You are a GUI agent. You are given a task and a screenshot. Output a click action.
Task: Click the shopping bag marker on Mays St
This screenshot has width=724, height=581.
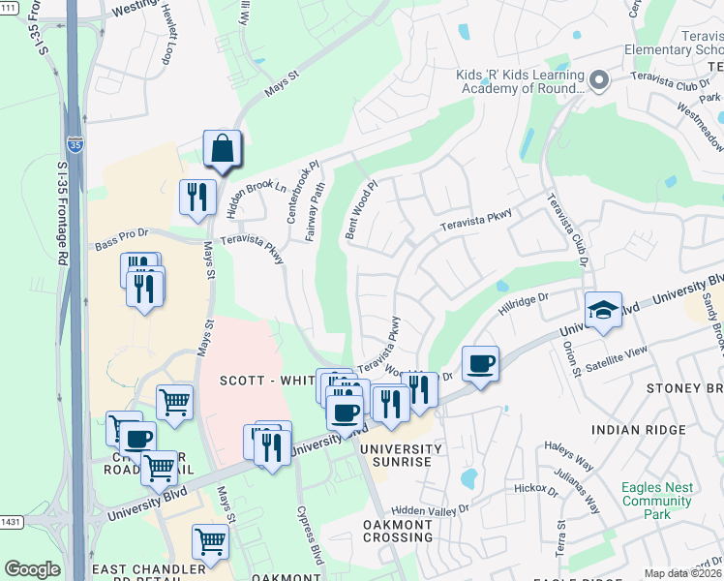(x=222, y=150)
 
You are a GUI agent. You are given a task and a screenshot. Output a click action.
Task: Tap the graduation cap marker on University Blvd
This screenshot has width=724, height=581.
(x=603, y=311)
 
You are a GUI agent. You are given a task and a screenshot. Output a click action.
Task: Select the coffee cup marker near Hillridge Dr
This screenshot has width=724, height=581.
(x=480, y=365)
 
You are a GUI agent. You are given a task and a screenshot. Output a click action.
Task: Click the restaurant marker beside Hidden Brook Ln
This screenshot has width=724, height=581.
(x=197, y=198)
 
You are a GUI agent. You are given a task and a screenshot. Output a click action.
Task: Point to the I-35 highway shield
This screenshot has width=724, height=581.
(x=75, y=145)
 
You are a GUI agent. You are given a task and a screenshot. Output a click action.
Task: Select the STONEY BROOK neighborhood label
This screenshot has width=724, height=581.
(x=683, y=388)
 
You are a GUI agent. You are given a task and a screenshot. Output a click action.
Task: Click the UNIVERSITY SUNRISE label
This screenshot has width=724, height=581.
(x=396, y=455)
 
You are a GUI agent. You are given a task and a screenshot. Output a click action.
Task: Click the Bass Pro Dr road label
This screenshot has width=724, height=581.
(x=122, y=233)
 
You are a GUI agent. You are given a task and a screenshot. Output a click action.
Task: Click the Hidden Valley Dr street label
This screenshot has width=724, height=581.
(x=430, y=507)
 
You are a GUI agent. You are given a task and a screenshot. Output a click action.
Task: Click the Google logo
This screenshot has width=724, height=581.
(x=32, y=569)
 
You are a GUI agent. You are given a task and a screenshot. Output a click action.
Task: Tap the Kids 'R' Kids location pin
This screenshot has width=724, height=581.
(x=600, y=81)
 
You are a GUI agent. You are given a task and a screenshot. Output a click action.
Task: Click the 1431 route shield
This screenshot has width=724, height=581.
(x=11, y=522)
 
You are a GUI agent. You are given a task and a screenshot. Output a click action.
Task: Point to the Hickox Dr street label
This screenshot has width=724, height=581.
(x=536, y=490)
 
